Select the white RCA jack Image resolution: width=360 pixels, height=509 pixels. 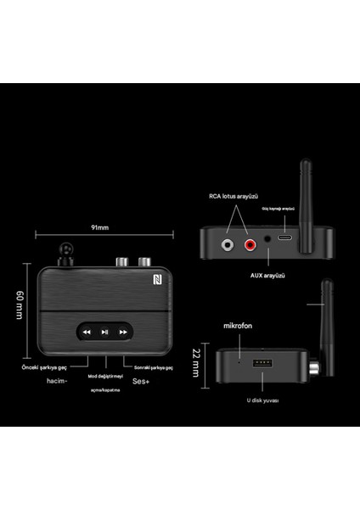click(x=228, y=246)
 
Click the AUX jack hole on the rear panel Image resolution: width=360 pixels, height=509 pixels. click(x=269, y=242)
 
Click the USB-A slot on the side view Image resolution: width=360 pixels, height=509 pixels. click(x=262, y=366)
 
